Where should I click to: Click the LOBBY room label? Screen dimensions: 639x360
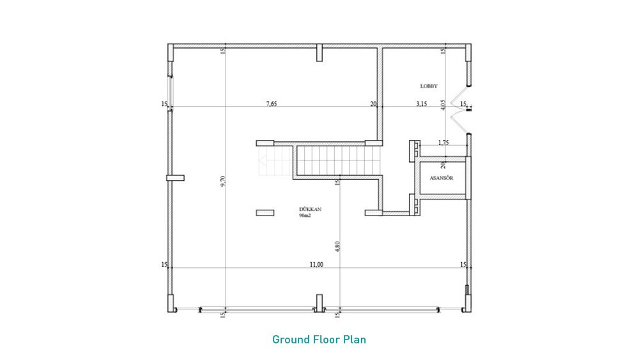(x=429, y=86)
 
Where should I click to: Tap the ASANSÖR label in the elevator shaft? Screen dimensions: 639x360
(x=442, y=178)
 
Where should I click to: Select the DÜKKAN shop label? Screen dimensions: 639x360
(x=310, y=209)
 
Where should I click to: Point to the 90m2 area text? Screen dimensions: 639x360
(x=305, y=215)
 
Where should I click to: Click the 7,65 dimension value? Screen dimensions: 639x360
(x=272, y=104)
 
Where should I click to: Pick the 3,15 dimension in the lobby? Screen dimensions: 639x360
(x=421, y=104)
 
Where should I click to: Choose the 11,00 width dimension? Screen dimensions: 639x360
(x=316, y=265)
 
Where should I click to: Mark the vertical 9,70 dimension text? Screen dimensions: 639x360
(x=222, y=181)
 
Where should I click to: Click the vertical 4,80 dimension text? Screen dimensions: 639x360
(x=337, y=246)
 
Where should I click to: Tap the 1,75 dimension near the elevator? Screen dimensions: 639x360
(x=443, y=143)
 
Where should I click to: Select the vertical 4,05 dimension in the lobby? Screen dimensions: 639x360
(x=443, y=106)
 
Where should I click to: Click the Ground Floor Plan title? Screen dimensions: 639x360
(x=319, y=339)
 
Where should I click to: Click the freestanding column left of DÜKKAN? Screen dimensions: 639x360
(x=265, y=213)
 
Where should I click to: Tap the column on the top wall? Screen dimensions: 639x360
(x=319, y=52)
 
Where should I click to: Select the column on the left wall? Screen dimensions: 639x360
(x=175, y=178)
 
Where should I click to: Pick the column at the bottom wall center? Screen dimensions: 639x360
(x=319, y=303)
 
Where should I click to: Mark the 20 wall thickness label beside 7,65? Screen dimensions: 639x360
(x=373, y=104)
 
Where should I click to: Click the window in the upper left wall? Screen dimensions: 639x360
(x=171, y=93)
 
